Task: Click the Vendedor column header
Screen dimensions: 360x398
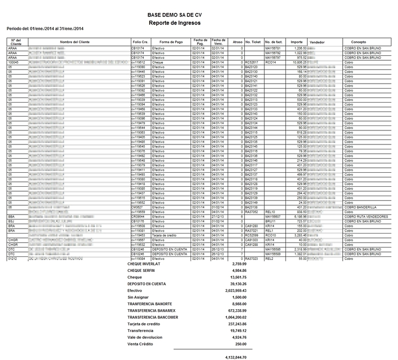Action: [317, 42]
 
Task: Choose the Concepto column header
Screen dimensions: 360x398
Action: [358, 42]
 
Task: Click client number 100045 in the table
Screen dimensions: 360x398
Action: [14, 62]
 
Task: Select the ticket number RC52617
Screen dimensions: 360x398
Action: [253, 62]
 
